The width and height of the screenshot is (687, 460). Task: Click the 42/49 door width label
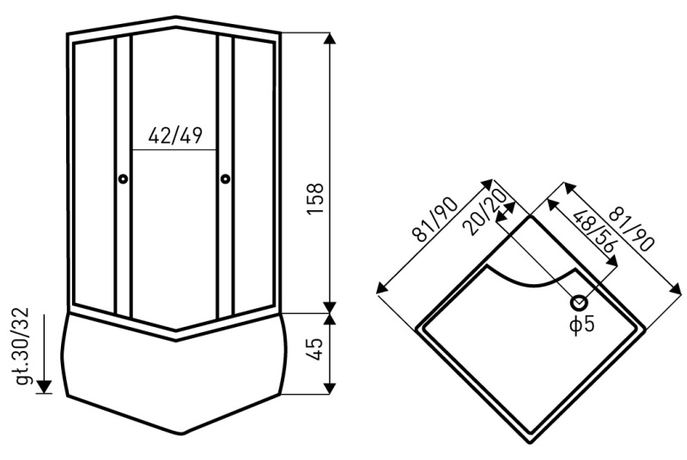(x=175, y=136)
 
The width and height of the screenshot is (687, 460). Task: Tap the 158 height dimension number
(x=315, y=199)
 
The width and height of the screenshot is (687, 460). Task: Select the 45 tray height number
(x=314, y=349)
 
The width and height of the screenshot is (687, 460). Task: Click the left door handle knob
(x=123, y=179)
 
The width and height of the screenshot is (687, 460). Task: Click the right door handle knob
(x=226, y=179)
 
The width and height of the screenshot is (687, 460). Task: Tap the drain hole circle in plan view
(x=579, y=302)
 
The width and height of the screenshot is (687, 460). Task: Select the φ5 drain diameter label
(x=582, y=324)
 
